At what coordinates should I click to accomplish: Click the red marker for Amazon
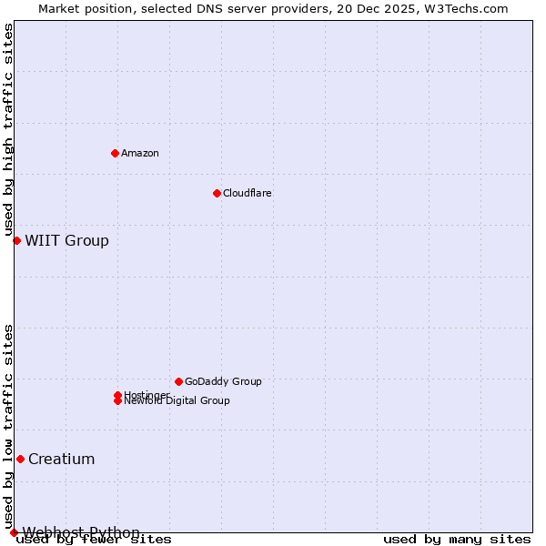coord(115,153)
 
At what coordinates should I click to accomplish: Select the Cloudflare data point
coord(217,193)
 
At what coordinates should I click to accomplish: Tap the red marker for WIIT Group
coord(16,240)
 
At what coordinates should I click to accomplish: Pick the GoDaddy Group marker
coord(178,381)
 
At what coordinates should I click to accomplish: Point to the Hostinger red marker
coord(117,395)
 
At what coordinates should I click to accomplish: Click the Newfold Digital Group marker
coord(117,400)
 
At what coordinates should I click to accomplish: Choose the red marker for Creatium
coord(20,459)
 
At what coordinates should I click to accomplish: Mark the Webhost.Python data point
coord(14,532)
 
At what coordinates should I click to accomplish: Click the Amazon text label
coord(140,153)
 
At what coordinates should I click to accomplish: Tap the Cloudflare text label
coord(248,193)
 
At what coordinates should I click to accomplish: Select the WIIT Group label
coord(66,240)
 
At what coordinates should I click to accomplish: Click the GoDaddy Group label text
coord(223,381)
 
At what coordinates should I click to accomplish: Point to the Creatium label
coord(61,459)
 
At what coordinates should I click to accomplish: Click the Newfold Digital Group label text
coord(177,401)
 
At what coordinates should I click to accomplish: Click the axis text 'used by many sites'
coord(457,539)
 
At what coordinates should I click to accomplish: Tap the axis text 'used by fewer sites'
coord(95,539)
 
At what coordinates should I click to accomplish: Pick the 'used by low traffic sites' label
coord(9,426)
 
